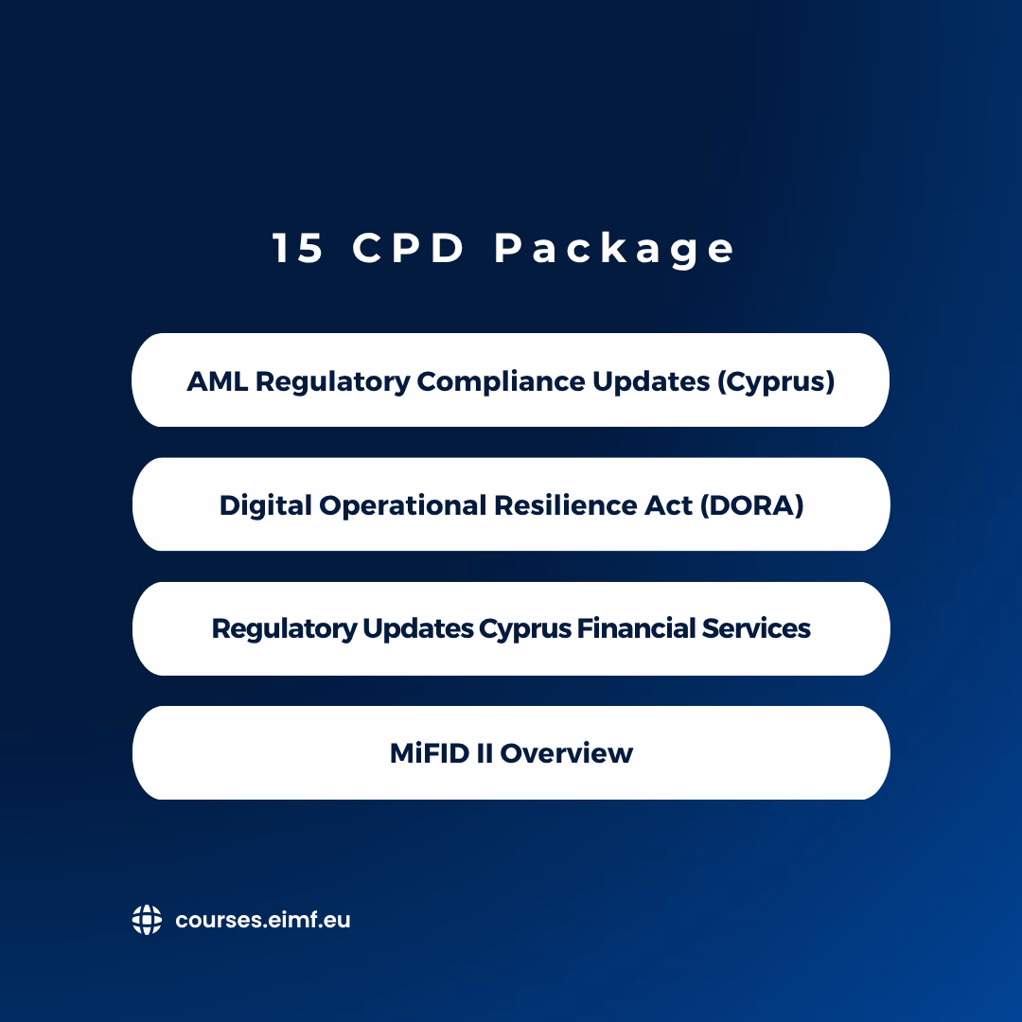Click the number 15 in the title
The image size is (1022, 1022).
coord(297,248)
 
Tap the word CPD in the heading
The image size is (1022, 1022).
coord(408,248)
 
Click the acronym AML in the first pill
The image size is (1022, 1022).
coord(217,381)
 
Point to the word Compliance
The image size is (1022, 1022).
coord(501,382)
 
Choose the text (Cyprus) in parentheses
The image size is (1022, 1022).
coord(776,382)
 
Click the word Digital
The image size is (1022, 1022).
coord(265,506)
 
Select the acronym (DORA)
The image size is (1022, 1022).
coord(751,505)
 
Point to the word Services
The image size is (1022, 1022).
coord(756,629)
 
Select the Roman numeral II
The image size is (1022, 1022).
coord(484,753)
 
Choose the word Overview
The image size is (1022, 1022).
coord(566,753)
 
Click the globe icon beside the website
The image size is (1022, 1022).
coord(147,920)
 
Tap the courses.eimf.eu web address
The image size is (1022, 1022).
coord(263,920)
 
